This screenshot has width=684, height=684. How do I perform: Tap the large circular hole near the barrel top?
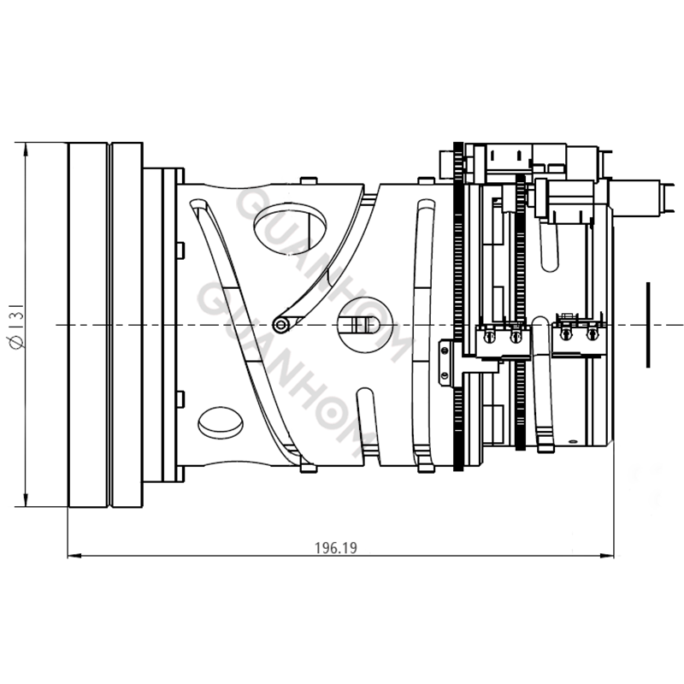click(290, 225)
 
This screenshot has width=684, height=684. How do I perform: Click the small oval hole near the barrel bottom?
click(220, 421)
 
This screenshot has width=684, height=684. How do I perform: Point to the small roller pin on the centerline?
click(280, 324)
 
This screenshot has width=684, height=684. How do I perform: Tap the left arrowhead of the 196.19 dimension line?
click(74, 557)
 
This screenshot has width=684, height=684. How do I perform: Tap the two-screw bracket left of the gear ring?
click(444, 363)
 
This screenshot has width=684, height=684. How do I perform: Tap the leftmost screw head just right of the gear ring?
click(487, 337)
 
